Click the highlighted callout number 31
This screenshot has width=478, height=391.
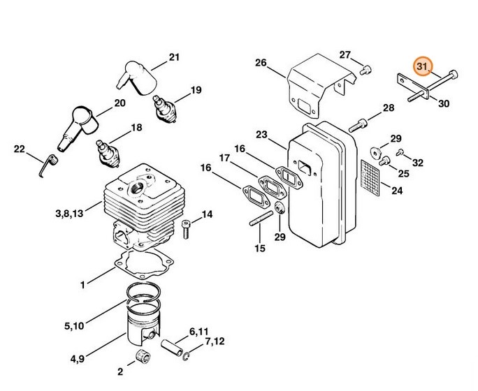(x=421, y=66)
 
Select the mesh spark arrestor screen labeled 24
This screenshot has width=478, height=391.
(x=377, y=173)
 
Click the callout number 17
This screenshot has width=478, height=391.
(x=225, y=158)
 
